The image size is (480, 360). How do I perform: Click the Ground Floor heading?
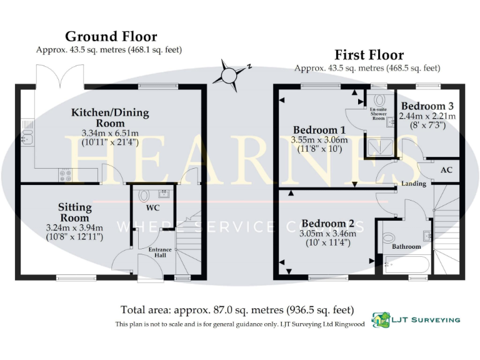click(x=111, y=36)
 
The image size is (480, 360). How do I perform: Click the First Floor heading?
click(x=369, y=55)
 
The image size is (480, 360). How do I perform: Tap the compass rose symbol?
click(x=227, y=72)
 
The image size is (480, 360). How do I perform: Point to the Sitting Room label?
click(x=75, y=212)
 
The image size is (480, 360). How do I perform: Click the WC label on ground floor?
click(x=153, y=206)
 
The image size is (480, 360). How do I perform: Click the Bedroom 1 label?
click(x=319, y=130)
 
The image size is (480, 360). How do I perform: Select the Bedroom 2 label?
click(x=327, y=223)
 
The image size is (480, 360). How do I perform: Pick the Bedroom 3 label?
click(x=427, y=106)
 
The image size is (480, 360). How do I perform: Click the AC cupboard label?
click(x=446, y=169)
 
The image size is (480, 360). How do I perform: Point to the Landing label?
click(x=414, y=184)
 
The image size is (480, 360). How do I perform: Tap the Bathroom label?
click(x=406, y=246)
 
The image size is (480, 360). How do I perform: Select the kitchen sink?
click(x=27, y=139)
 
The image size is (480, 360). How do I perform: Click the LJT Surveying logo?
click(x=416, y=319)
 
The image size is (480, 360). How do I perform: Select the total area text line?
click(x=237, y=310)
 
